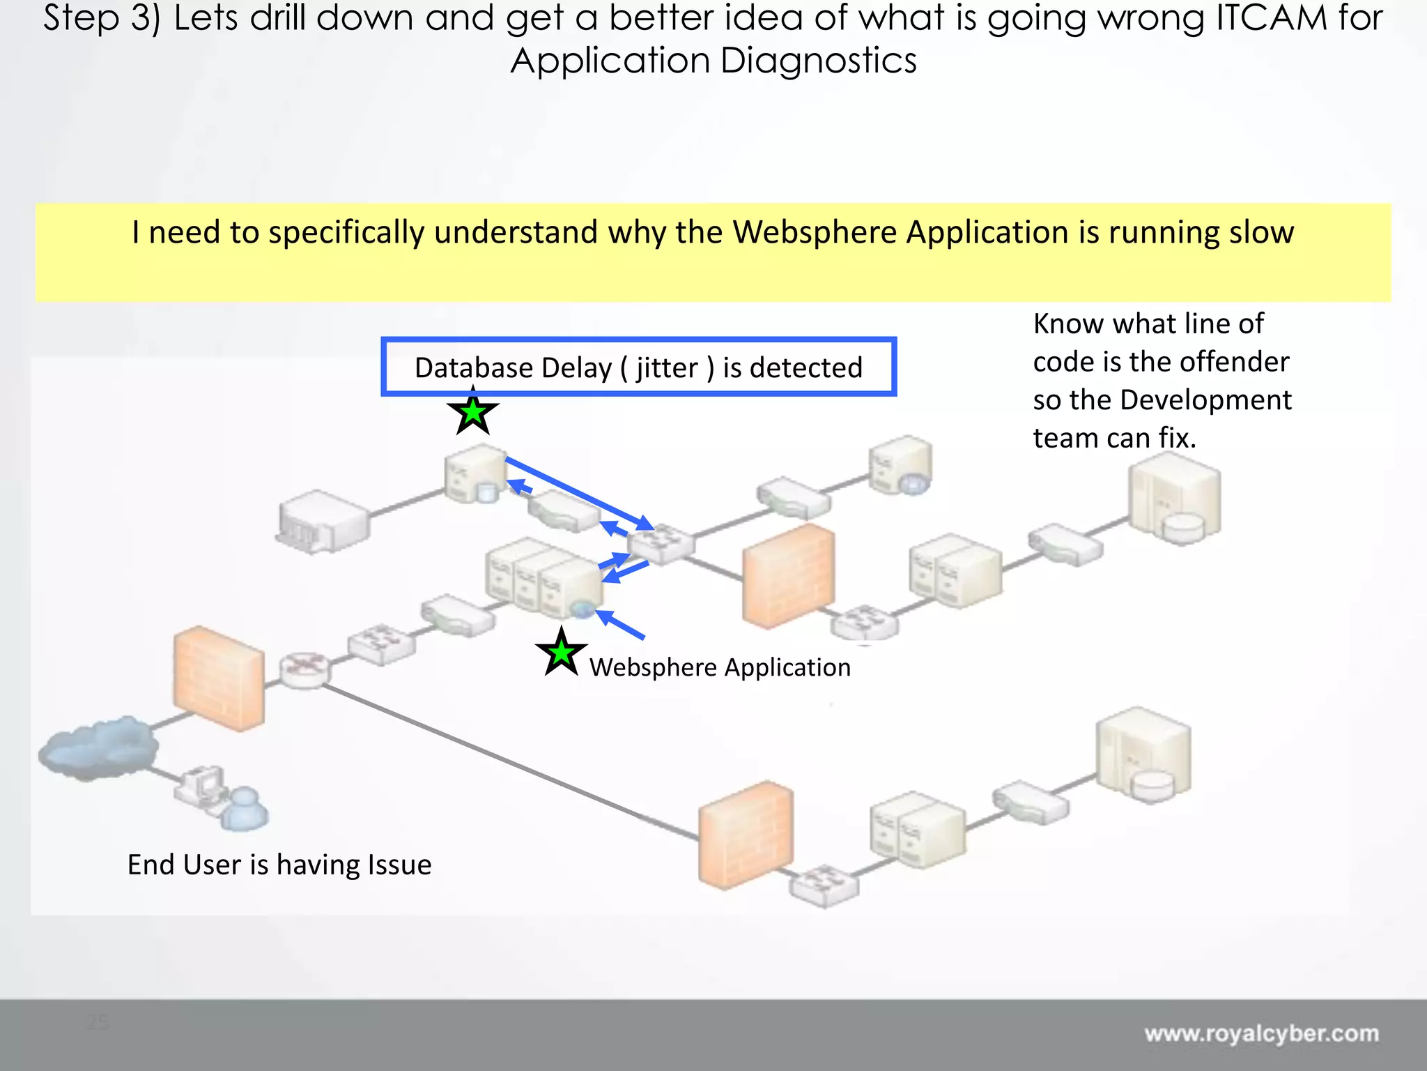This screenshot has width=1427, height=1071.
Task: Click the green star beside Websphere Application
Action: pos(561,653)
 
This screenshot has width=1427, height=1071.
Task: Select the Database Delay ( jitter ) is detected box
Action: pos(638,367)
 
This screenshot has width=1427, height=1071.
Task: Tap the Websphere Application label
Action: pos(720,667)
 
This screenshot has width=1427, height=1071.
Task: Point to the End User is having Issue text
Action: pos(279,865)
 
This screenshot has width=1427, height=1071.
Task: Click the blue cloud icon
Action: pos(98,747)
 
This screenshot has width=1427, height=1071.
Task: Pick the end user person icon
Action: pos(244,809)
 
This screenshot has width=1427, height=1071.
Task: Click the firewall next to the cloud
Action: pos(219,678)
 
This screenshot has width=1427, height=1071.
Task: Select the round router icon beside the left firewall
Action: pos(304,669)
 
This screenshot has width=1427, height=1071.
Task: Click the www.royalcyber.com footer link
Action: pos(1261,1033)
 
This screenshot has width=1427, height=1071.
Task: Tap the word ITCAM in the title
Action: pos(1271,18)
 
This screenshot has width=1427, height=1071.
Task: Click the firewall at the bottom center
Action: pos(746,835)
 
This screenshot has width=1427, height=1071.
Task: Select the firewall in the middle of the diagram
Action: pos(789,576)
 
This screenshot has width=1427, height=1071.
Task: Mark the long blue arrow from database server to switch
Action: pos(578,493)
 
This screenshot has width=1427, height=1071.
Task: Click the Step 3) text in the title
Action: pos(102,18)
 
